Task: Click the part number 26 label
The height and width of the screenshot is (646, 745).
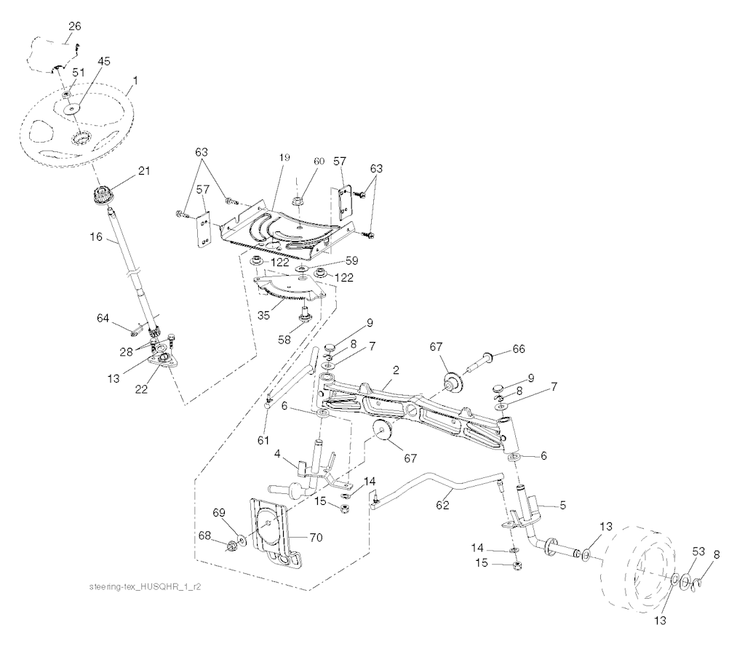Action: pos(75,26)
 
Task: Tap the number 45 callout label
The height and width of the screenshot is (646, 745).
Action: pos(103,61)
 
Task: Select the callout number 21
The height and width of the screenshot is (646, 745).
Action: pos(143,170)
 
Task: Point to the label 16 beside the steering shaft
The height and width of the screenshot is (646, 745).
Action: pos(96,236)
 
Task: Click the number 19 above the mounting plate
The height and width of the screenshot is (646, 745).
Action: pos(284,157)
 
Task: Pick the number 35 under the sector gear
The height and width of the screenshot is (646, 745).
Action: pos(263,315)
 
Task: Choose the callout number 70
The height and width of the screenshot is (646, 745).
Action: pos(316,537)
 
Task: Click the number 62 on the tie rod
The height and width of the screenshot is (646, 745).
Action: pos(442,505)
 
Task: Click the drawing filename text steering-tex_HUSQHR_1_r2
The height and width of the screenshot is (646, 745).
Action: pos(145,587)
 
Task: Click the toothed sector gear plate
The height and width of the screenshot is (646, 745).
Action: pos(290,287)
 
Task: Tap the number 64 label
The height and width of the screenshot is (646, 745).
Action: pos(103,318)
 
